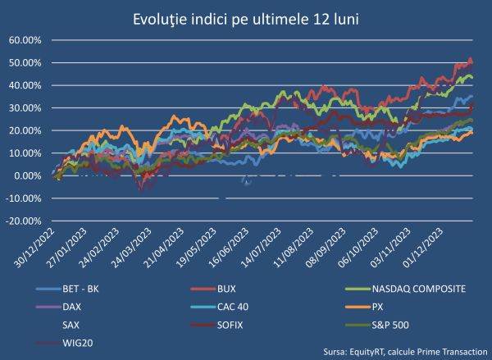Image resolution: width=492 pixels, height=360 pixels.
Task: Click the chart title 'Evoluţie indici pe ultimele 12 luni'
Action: [246, 18]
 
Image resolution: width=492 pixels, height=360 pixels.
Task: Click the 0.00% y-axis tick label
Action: [27, 175]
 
